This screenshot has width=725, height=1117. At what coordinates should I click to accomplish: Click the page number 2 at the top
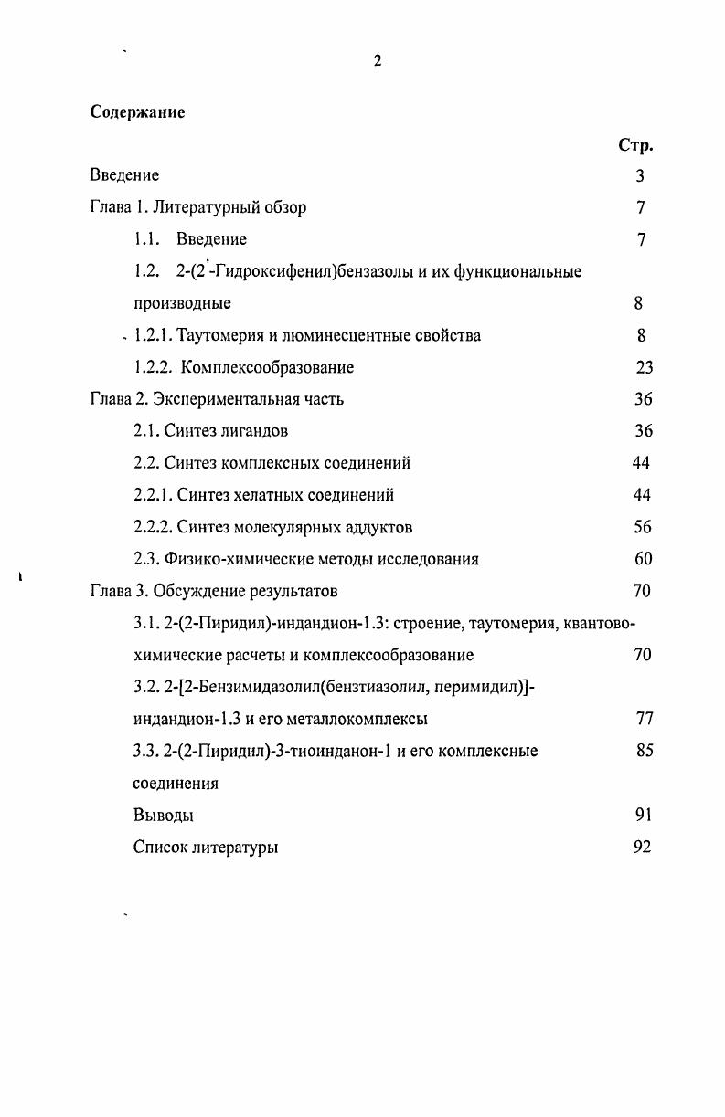pos(377,61)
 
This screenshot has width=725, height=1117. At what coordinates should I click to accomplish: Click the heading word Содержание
pos(137,112)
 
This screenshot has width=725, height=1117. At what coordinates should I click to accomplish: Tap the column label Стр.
pos(635,145)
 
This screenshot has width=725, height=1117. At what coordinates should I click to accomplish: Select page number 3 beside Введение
pos(640,175)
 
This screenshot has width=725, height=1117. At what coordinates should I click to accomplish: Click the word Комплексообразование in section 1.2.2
pos(267,367)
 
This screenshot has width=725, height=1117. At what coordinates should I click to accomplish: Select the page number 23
pos(644,367)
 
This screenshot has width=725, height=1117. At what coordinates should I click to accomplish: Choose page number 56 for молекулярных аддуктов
pos(643,527)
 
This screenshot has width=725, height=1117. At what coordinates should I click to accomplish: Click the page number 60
pos(643,559)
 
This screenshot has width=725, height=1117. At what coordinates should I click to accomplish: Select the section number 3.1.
pos(146,623)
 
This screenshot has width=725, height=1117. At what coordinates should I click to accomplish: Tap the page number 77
pos(644,719)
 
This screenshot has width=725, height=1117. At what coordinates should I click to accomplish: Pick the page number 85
pos(644,751)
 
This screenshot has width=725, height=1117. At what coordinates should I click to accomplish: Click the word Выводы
pos(163,815)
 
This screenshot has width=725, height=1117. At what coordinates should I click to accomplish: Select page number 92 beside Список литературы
pos(642,847)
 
